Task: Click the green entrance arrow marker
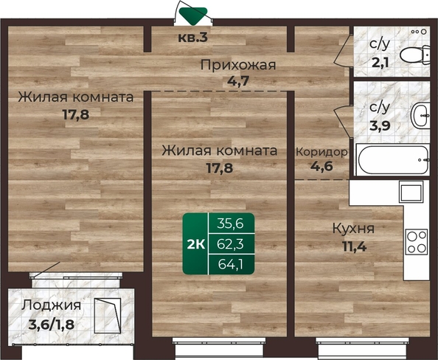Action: (193, 15)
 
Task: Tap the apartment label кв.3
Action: (193, 38)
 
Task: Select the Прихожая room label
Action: (238, 66)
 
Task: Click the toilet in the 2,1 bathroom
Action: (415, 55)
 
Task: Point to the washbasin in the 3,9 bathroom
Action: (420, 115)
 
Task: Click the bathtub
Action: (392, 160)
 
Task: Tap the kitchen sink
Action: (411, 192)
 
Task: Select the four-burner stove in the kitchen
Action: (417, 242)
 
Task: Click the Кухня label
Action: (353, 229)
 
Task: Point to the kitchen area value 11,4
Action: (354, 246)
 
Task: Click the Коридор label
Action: (321, 152)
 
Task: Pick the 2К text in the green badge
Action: (196, 245)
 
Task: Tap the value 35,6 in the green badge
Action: (231, 224)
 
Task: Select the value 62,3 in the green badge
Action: (231, 244)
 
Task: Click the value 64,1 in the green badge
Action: (231, 264)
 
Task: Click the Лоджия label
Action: (52, 305)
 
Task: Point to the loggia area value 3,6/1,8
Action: (52, 325)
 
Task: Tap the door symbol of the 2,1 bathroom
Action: (343, 51)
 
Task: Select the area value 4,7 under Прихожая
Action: (238, 81)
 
